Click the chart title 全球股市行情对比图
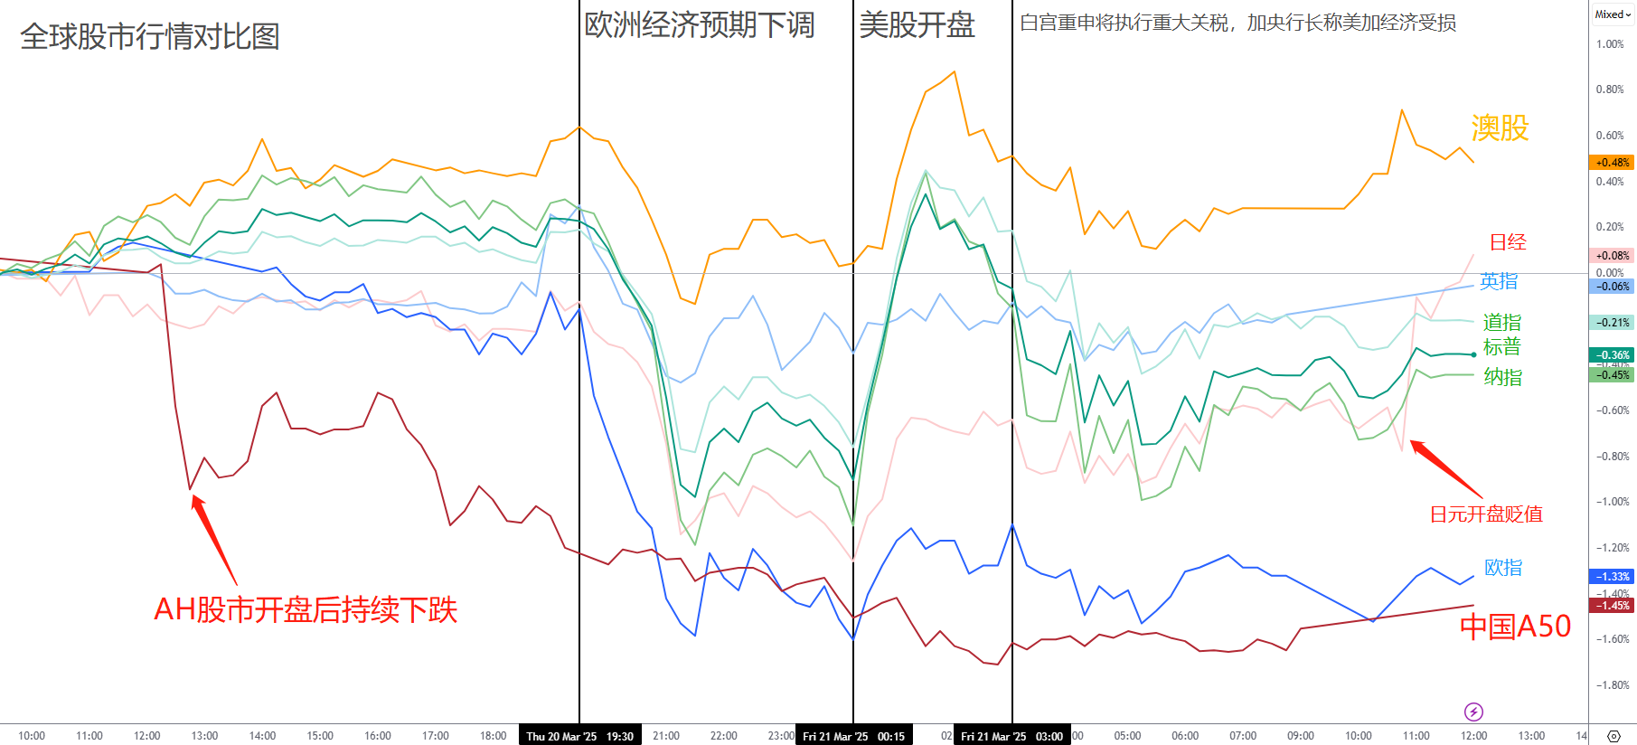point(150,36)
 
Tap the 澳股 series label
point(1500,128)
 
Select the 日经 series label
point(1508,242)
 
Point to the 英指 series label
point(1499,281)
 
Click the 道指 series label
point(1501,322)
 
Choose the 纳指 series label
point(1502,377)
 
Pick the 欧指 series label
point(1503,567)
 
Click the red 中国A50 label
point(1515,626)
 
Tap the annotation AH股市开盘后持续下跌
point(306,609)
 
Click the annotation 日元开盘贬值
point(1486,514)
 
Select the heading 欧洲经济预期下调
point(700,24)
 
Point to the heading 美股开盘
point(917,24)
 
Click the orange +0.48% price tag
point(1612,163)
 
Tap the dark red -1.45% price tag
point(1612,606)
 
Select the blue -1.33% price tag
point(1612,576)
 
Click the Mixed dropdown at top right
point(1613,14)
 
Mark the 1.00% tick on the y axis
point(1610,43)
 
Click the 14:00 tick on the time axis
point(262,736)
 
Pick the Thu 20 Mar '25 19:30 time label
point(580,736)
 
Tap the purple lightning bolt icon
point(1473,712)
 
